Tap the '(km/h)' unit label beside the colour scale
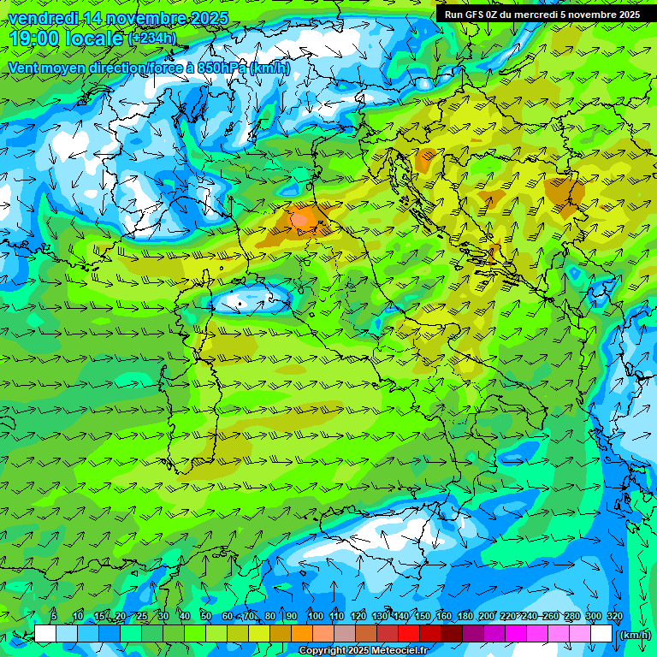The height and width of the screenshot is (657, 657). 634,634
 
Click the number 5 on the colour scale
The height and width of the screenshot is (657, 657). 54,617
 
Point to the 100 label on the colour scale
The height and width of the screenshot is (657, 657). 315,617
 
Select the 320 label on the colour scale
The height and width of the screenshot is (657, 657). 615,617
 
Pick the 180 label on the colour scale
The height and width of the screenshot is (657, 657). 465,617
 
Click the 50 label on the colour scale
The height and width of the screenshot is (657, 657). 206,617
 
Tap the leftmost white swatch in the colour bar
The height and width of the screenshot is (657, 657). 45,634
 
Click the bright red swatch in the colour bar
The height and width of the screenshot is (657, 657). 409,634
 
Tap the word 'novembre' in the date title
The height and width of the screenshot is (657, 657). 145,18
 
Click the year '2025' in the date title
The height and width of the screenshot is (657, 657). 208,18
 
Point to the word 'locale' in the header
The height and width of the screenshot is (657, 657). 95,38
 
